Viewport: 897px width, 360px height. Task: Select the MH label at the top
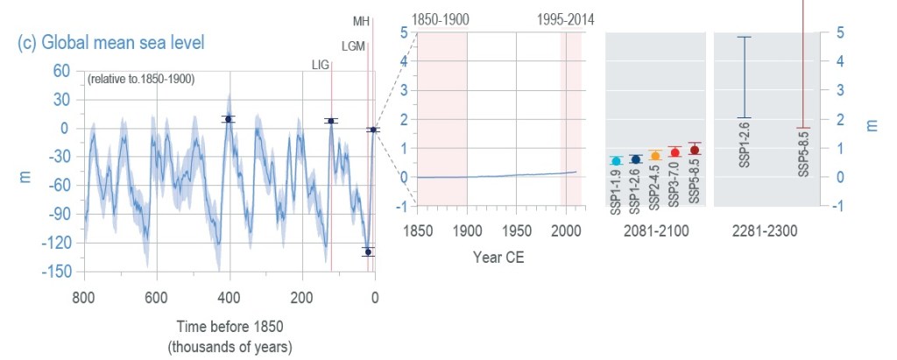(x=361, y=20)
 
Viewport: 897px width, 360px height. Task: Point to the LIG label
(x=321, y=64)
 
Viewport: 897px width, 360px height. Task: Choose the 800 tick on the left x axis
(x=84, y=296)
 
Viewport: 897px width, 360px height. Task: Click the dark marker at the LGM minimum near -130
(x=368, y=251)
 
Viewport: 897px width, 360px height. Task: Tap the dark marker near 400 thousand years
(x=228, y=119)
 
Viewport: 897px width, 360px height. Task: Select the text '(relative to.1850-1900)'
(x=140, y=79)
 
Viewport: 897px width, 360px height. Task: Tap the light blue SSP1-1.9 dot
(x=617, y=160)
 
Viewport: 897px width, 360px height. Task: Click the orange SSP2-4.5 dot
(x=655, y=156)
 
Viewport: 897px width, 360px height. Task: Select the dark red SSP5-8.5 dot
(x=695, y=150)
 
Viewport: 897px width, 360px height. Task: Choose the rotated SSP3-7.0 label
(x=675, y=187)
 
